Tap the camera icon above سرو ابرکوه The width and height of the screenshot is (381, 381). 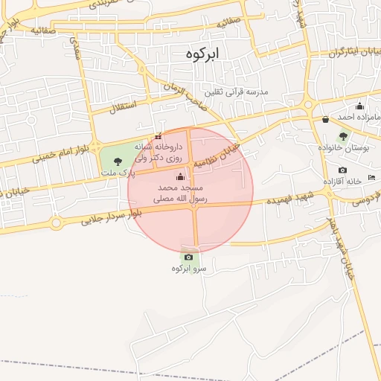pos(188,257)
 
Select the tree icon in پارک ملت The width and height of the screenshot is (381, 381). pos(118,161)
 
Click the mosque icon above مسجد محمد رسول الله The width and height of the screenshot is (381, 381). pos(179,176)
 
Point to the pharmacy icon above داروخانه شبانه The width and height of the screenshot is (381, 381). pos(157,137)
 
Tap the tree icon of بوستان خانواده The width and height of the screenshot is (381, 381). pos(342,136)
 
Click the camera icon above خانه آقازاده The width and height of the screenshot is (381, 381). pos(342,170)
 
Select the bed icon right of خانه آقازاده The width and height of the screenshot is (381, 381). pos(371,177)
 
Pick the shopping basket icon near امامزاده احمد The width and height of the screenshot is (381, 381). pos(325,119)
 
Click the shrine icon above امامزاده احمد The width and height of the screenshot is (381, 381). pos(360,106)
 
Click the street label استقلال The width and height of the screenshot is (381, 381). pos(124,106)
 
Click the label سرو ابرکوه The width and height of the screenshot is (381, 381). pos(188,269)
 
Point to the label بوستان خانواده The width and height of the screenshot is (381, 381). pos(345,148)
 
